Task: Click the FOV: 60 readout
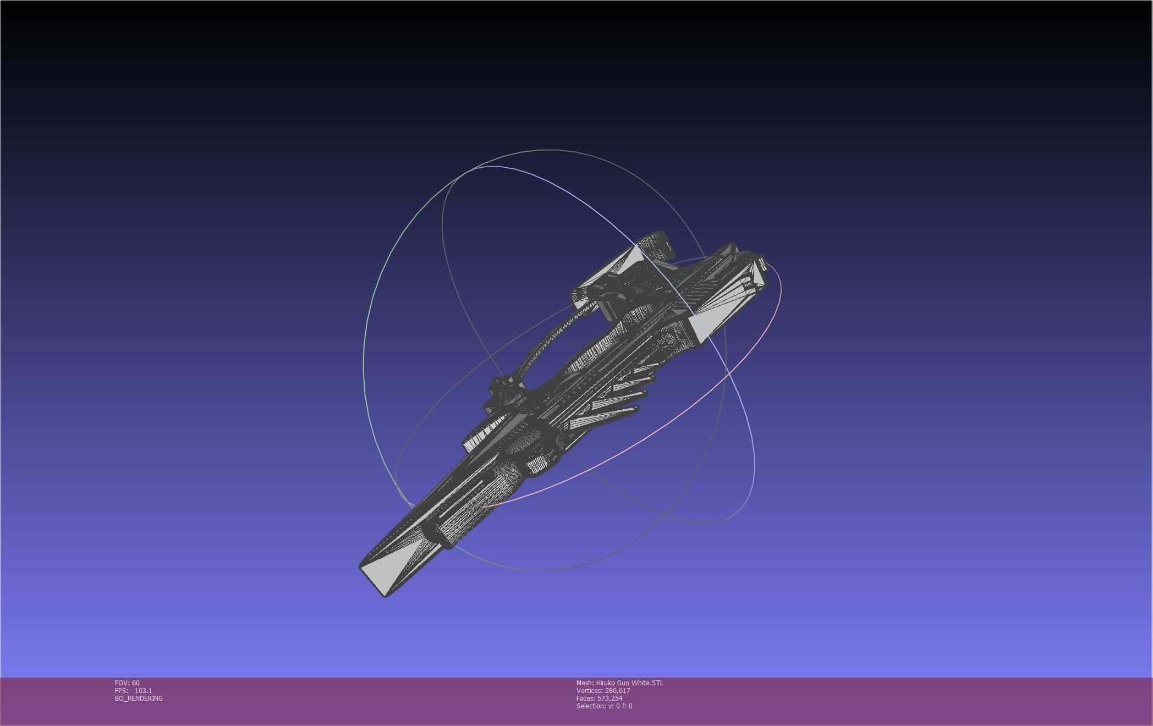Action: pyautogui.click(x=127, y=683)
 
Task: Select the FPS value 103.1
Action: pyautogui.click(x=143, y=690)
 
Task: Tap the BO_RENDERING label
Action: pyautogui.click(x=139, y=698)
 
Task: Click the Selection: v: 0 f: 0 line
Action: pyautogui.click(x=604, y=706)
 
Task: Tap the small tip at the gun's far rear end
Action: pyautogui.click(x=762, y=262)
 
